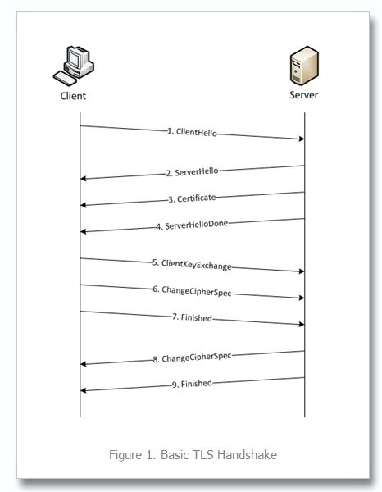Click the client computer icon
pyautogui.click(x=74, y=66)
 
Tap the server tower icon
pyautogui.click(x=304, y=66)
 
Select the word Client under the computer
pyautogui.click(x=73, y=96)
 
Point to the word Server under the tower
pyautogui.click(x=303, y=95)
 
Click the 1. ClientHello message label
pyautogui.click(x=192, y=132)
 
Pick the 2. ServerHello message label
pyautogui.click(x=192, y=172)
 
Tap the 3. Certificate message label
pyautogui.click(x=192, y=198)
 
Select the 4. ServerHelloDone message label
pyautogui.click(x=192, y=225)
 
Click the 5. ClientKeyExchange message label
pyautogui.click(x=192, y=265)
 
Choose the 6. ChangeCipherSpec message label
pyautogui.click(x=192, y=291)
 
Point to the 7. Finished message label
pyautogui.click(x=192, y=317)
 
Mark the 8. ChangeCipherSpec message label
pyautogui.click(x=192, y=358)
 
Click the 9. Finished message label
pyautogui.click(x=192, y=384)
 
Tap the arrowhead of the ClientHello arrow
pyautogui.click(x=302, y=139)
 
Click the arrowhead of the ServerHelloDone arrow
pyautogui.click(x=83, y=231)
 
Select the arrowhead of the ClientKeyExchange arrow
pyautogui.click(x=302, y=271)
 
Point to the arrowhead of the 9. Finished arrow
pyautogui.click(x=83, y=390)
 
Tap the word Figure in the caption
pyautogui.click(x=125, y=455)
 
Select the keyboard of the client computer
pyautogui.click(x=65, y=79)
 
